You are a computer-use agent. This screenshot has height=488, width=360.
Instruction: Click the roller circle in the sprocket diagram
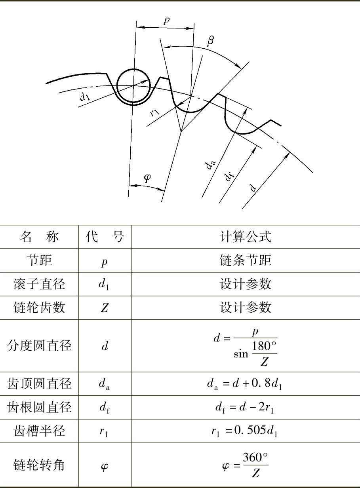134,86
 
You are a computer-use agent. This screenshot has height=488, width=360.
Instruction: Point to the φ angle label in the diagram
147,178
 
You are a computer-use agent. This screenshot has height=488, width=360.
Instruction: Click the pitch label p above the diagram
167,21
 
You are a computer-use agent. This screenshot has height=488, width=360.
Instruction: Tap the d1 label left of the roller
84,96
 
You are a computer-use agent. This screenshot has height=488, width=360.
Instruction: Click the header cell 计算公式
246,237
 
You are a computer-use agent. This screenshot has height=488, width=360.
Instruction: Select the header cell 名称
39,237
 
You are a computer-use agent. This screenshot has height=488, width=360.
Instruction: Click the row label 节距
39,260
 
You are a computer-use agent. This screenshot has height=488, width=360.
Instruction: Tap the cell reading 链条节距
246,260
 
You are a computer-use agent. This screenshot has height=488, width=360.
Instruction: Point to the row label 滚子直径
39,284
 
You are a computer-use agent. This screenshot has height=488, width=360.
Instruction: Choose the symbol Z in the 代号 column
105,308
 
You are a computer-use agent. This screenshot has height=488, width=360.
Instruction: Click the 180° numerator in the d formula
264,346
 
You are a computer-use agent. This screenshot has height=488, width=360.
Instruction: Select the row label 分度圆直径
39,346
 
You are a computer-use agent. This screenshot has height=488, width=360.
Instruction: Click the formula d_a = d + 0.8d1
245,384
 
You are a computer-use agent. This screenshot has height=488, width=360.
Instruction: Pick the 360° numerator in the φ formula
255,458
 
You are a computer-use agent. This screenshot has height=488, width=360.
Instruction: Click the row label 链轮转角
39,465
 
